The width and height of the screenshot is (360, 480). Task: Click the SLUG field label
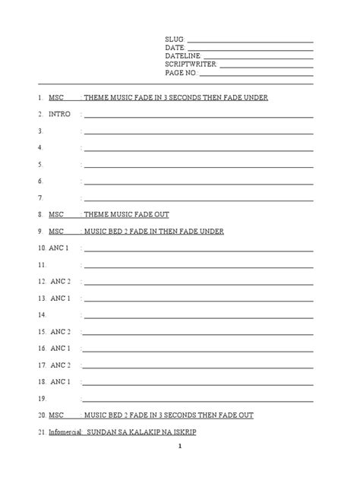174,39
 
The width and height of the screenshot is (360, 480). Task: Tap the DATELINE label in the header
183,56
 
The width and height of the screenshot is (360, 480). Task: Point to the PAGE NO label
181,73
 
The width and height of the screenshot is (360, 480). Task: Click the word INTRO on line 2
59,114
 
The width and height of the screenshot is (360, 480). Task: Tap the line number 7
39,198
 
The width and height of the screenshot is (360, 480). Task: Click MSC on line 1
56,98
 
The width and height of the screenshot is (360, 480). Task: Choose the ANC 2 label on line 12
61,281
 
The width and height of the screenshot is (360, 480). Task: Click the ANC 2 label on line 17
61,365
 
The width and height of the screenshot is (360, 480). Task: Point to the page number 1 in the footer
180,468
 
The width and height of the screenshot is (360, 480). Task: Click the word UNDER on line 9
211,231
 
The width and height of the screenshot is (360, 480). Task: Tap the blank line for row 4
197,148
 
